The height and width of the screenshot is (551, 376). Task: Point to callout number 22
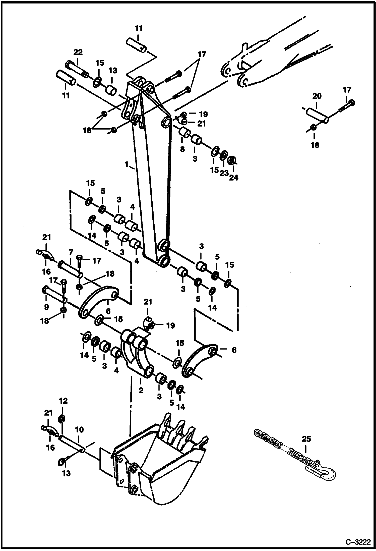[x=78, y=52]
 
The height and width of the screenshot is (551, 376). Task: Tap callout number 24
[x=234, y=178]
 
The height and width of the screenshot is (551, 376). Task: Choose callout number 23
[x=224, y=173]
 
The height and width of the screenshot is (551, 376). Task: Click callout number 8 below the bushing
[x=182, y=149]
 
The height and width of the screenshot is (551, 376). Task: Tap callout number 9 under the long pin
[x=46, y=307]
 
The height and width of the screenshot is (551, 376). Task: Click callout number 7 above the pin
[x=71, y=252]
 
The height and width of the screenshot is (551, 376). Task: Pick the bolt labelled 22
[x=77, y=69]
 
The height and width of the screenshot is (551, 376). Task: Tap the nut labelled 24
[x=231, y=160]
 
